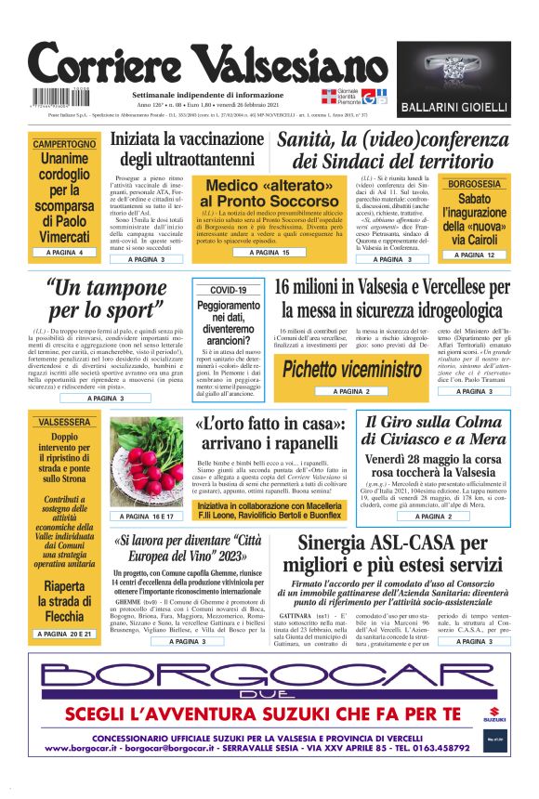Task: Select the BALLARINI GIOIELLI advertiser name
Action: click(453, 109)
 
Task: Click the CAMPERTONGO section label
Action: click(64, 145)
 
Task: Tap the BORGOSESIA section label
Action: click(474, 184)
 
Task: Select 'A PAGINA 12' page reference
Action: click(474, 255)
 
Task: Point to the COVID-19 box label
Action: click(228, 291)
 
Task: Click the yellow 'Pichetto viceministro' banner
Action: click(340, 369)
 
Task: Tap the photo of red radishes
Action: click(146, 462)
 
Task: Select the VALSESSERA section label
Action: click(64, 422)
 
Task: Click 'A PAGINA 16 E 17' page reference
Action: click(146, 516)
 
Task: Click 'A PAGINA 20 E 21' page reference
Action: click(64, 634)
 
